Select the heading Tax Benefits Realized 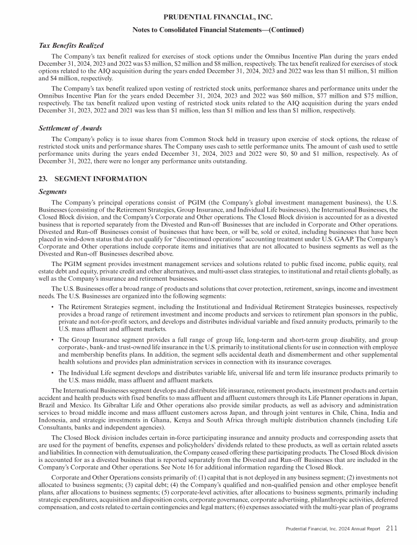pyautogui.click(x=71, y=45)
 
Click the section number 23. pyautogui.click(x=45, y=179)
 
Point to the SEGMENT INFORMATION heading pyautogui.click(x=100, y=179)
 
